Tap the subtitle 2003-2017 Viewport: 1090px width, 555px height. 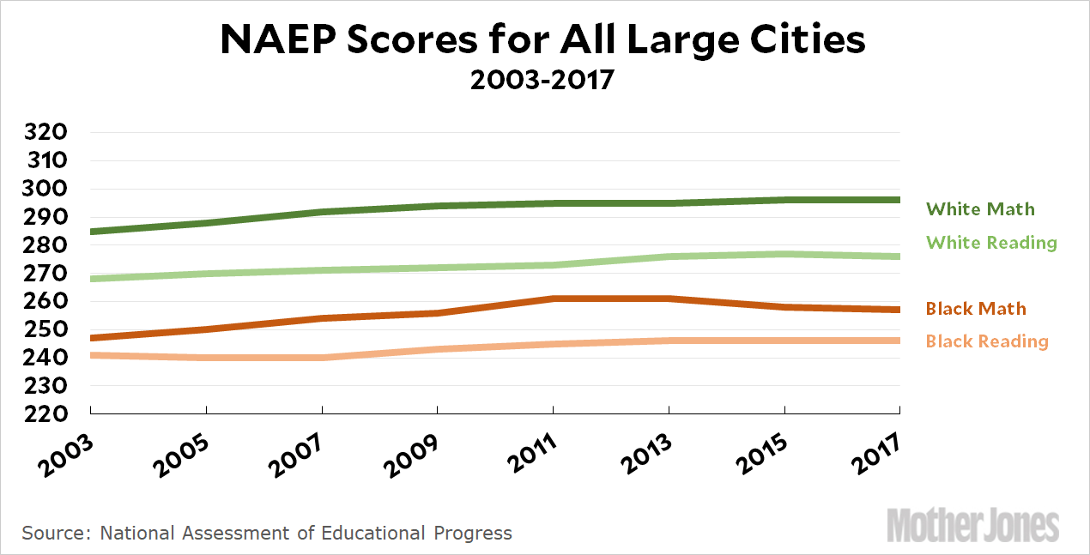click(x=542, y=81)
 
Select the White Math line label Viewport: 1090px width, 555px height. click(x=980, y=209)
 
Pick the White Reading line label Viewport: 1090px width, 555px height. click(x=991, y=243)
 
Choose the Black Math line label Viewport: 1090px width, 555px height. click(x=976, y=309)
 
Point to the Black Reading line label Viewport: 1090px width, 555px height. click(x=987, y=341)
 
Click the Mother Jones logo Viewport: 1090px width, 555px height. click(x=972, y=524)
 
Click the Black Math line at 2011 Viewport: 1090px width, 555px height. click(x=553, y=299)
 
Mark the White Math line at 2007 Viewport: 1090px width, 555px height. click(x=321, y=212)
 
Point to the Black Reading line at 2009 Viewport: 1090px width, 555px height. click(x=437, y=349)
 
